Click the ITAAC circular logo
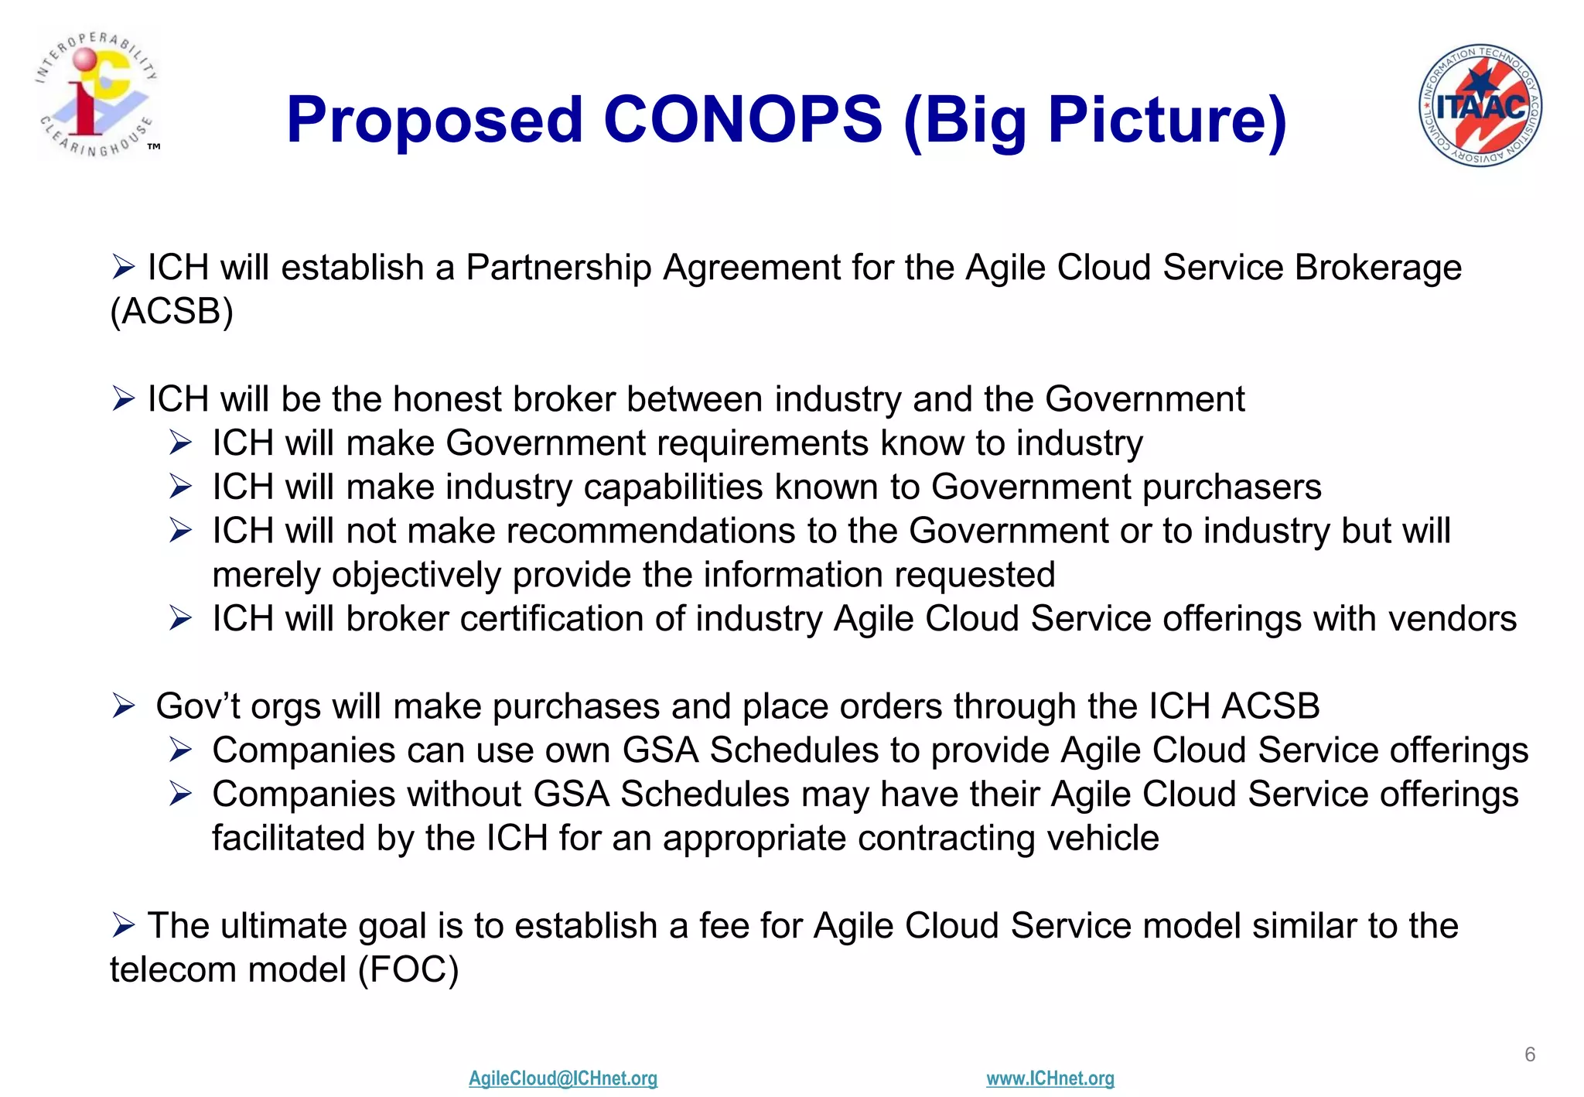(x=1480, y=105)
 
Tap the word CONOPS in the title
(x=742, y=120)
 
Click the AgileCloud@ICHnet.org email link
(x=562, y=1078)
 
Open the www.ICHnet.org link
(x=1050, y=1078)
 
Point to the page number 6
(x=1529, y=1054)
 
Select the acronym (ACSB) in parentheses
(x=171, y=312)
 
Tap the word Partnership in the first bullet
(x=558, y=268)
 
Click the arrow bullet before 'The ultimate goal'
(x=123, y=924)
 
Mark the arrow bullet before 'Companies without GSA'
(x=180, y=794)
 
